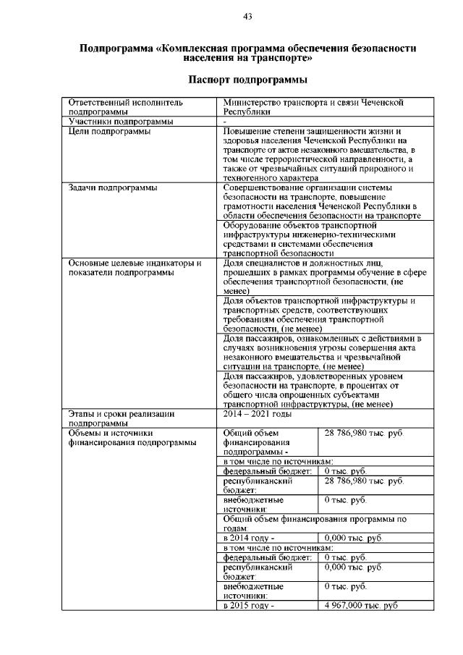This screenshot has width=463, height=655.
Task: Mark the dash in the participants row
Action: [x=225, y=122]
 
